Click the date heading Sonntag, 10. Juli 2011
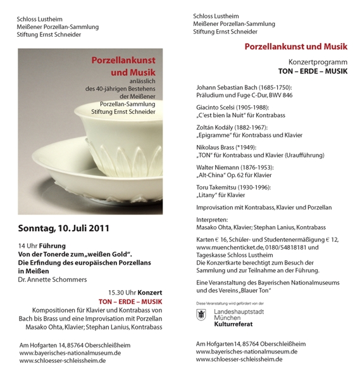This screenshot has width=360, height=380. coord(64,228)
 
